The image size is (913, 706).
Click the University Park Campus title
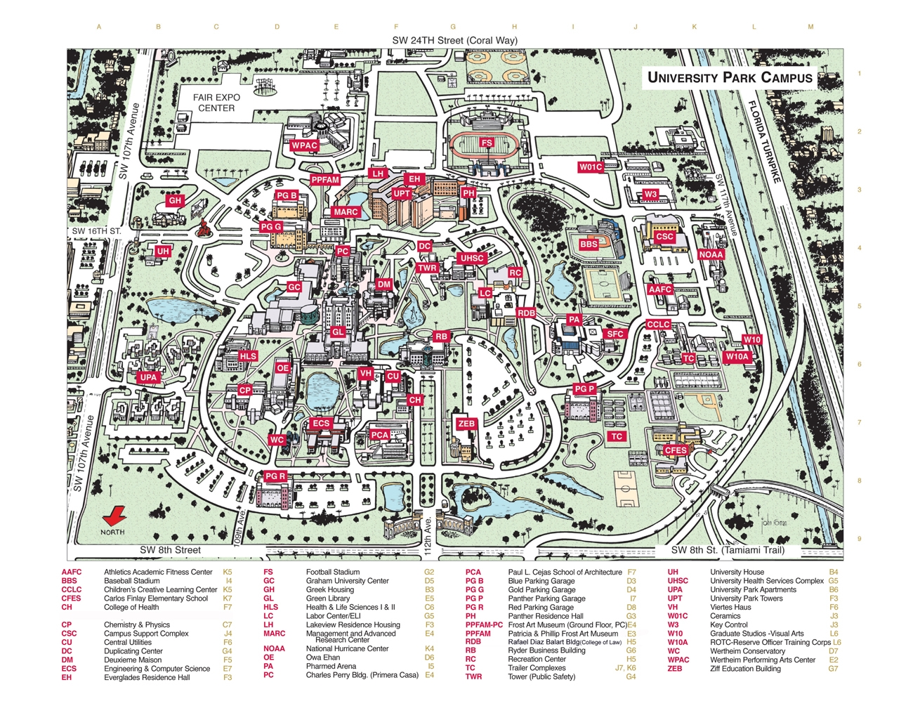click(730, 77)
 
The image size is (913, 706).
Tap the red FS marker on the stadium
click(487, 143)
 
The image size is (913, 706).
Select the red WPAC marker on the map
click(304, 145)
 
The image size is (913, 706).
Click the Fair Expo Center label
click(217, 103)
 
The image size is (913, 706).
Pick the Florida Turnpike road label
click(764, 143)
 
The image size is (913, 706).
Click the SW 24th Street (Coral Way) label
click(454, 40)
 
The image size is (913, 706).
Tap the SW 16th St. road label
click(96, 230)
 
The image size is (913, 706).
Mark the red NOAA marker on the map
click(711, 254)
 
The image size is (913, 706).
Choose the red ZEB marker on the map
click(466, 424)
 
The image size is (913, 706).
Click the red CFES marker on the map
click(676, 450)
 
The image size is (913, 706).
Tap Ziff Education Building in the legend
click(745, 669)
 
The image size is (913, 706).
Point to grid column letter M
click(810, 27)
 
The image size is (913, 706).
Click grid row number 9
click(859, 539)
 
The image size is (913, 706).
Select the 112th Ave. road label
click(428, 534)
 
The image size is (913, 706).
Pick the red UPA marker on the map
click(148, 377)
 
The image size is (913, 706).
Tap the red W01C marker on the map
click(591, 167)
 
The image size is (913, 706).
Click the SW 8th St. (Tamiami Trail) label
click(728, 550)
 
